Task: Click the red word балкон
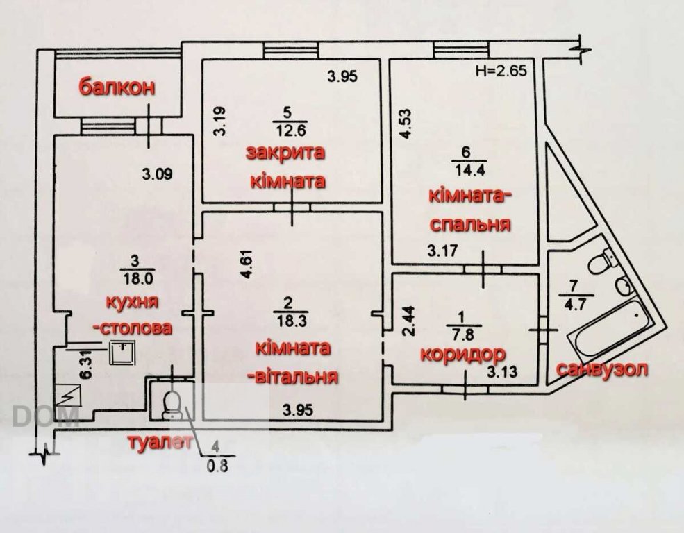coord(117,87)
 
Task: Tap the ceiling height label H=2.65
coord(501,71)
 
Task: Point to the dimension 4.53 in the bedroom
coord(406,124)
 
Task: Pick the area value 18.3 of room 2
coord(292,321)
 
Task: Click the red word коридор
coord(462,354)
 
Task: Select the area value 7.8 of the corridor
coord(464,335)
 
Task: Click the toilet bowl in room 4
coord(171,405)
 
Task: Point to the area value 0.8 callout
coord(217,466)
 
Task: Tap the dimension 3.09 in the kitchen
coord(158,174)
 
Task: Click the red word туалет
coord(160,442)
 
